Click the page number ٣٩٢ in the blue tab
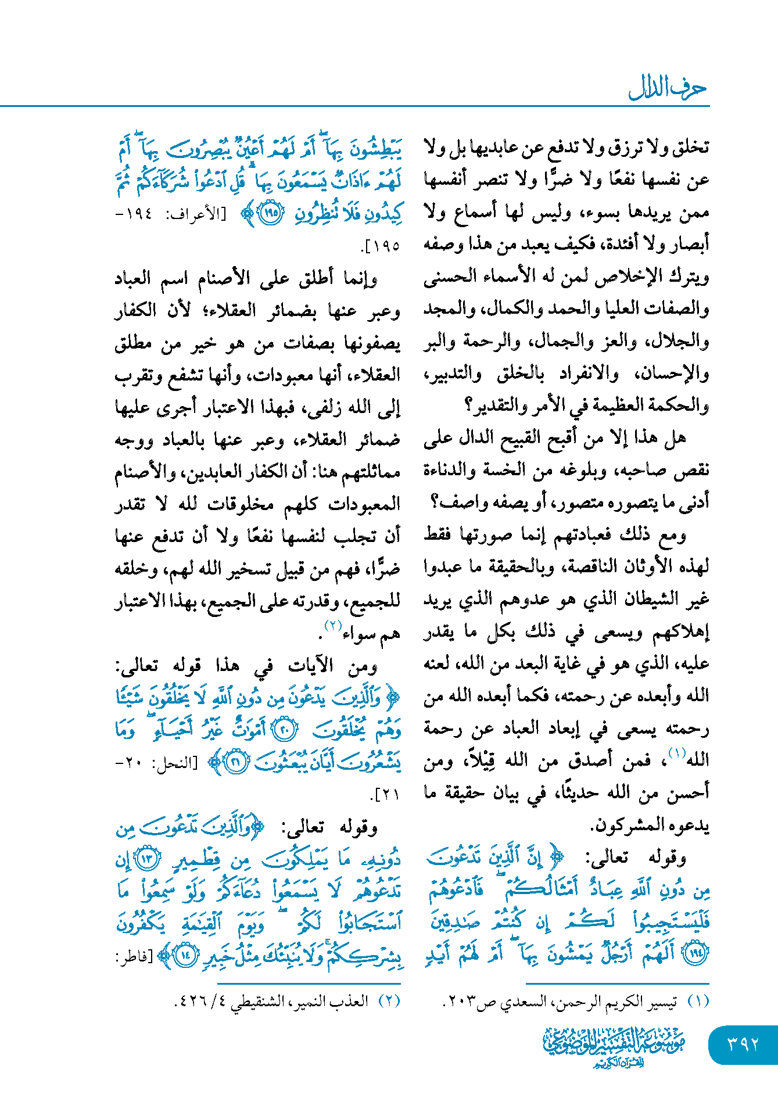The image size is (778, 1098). (x=743, y=1044)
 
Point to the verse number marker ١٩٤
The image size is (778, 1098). (x=695, y=953)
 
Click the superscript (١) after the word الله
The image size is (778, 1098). (x=677, y=753)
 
